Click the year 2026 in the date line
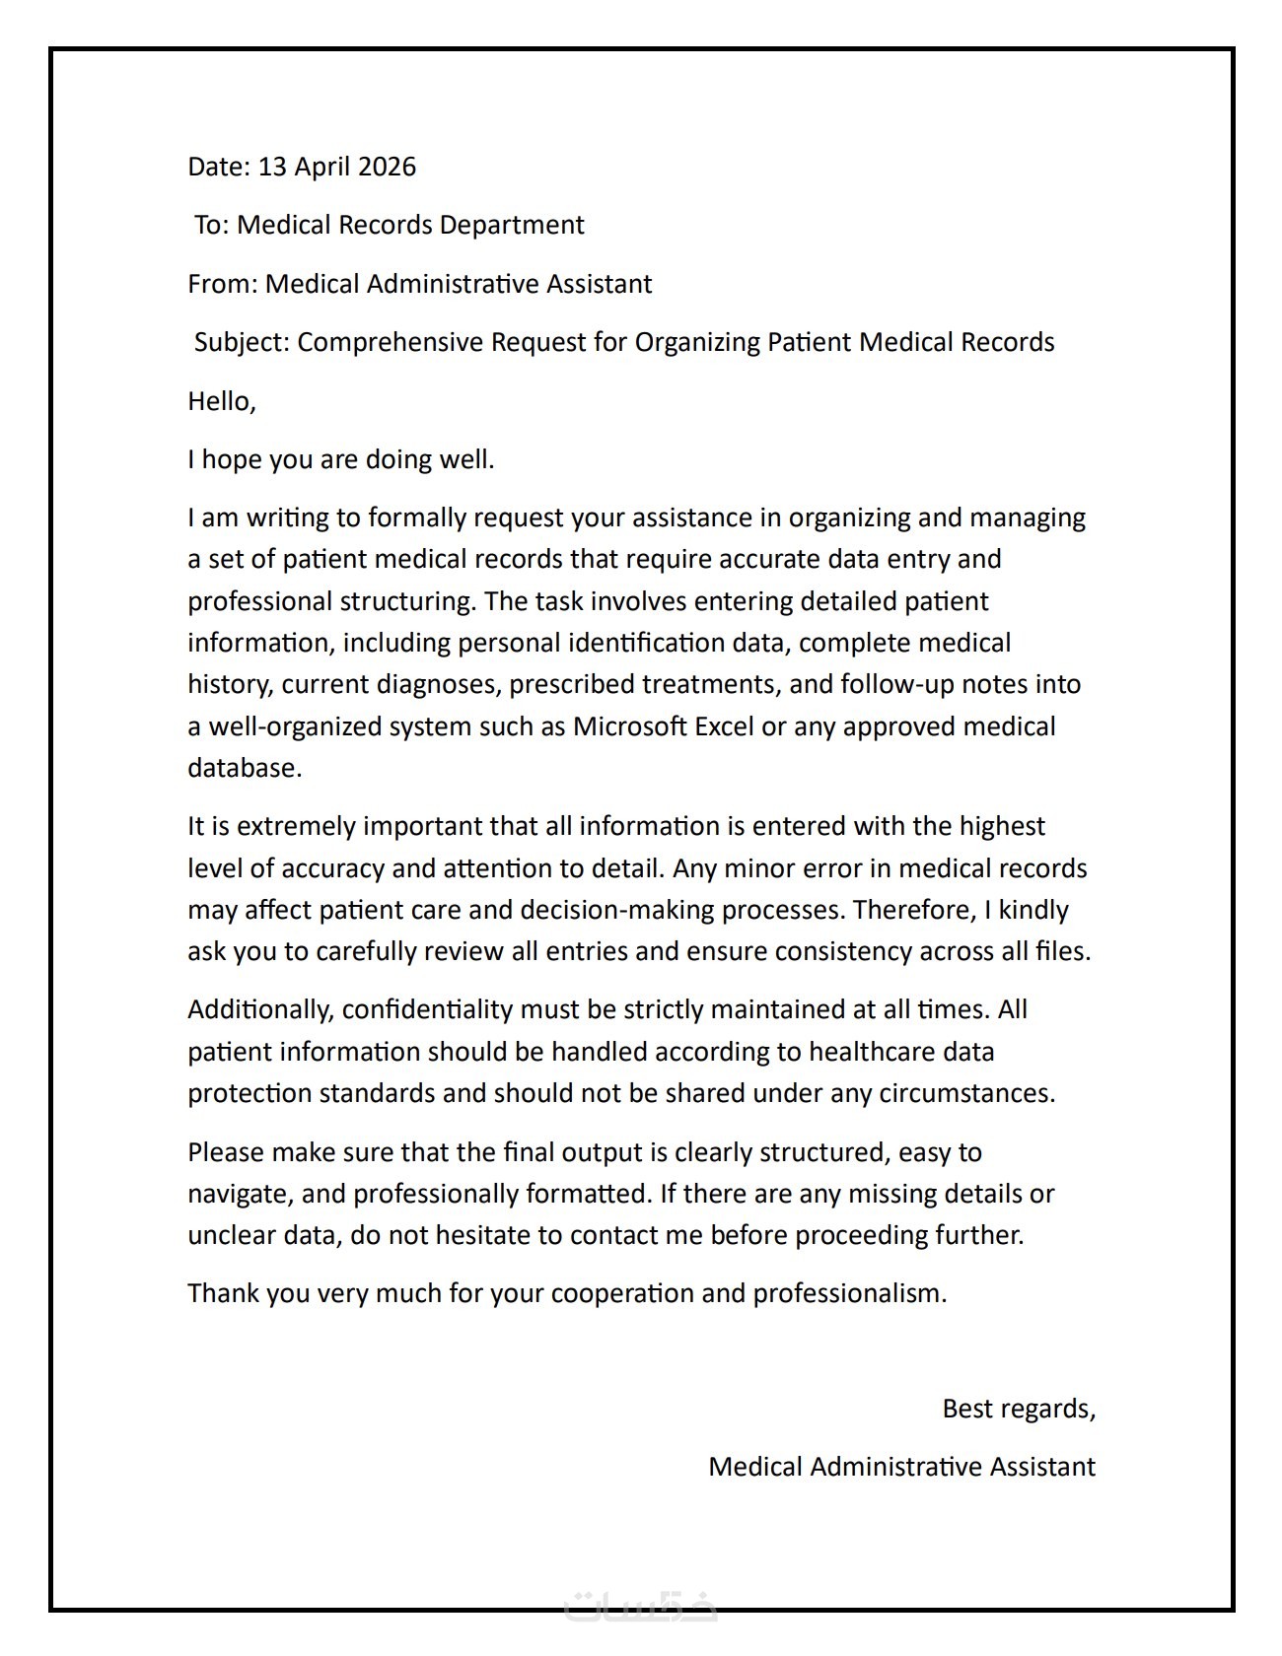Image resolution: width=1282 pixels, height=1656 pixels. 387,167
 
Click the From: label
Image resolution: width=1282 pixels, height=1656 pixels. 223,285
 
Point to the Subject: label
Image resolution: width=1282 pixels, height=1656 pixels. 242,343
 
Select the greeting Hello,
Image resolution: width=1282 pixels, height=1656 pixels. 222,401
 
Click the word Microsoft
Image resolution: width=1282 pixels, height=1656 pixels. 630,726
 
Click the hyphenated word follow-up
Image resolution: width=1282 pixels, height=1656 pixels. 896,684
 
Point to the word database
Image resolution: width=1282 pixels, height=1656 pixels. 245,768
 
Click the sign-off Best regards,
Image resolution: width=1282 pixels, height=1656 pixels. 1019,1410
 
